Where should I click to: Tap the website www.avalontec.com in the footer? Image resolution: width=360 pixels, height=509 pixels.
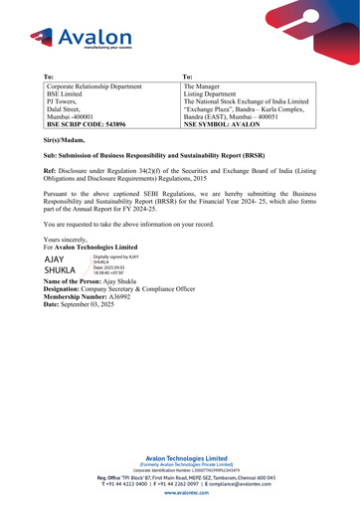pyautogui.click(x=179, y=492)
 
